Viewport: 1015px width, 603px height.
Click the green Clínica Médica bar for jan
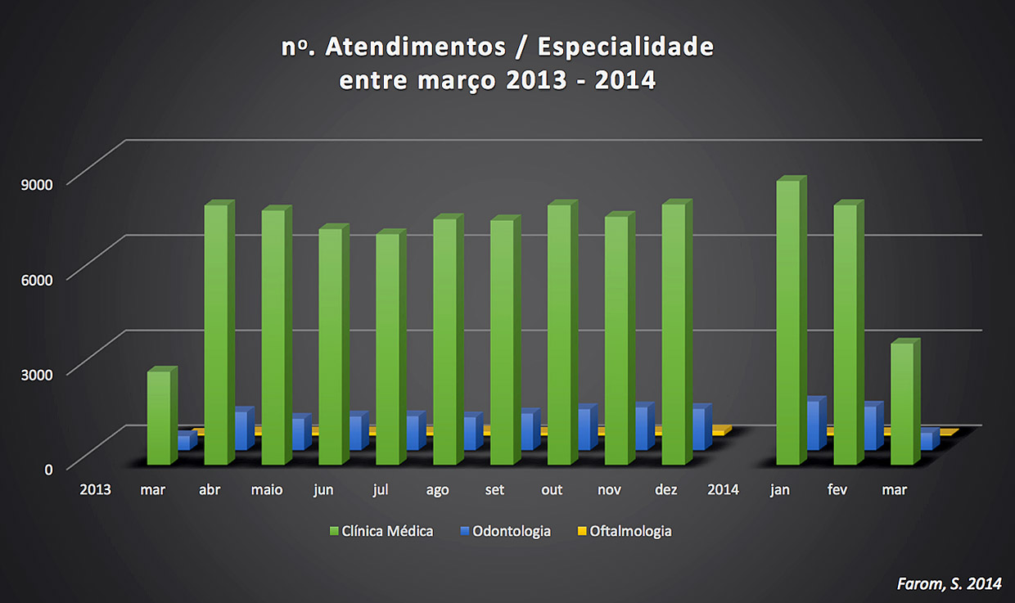pos(787,323)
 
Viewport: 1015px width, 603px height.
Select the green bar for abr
pos(216,335)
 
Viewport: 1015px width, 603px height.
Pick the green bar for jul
pos(388,349)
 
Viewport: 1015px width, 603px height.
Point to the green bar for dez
pos(674,335)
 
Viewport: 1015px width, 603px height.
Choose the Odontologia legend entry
pos(506,531)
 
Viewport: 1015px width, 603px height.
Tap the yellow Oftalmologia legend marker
pos(583,531)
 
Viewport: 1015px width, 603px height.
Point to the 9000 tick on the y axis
pos(36,183)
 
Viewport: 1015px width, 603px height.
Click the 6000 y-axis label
pos(36,279)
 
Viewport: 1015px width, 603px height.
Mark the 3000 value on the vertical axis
pos(36,374)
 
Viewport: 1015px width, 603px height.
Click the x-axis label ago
pos(438,490)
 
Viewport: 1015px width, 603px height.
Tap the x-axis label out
pos(552,490)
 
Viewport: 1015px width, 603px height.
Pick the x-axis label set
pos(494,490)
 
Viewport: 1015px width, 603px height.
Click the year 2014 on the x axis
pos(723,490)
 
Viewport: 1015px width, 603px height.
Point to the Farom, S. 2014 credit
pos(949,583)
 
